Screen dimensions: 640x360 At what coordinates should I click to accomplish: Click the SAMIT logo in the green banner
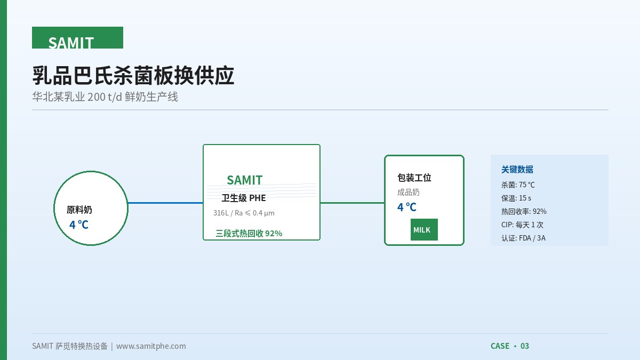click(71, 43)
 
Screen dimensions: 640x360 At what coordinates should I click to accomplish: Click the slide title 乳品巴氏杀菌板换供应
click(133, 75)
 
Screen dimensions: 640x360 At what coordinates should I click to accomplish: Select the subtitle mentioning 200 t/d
click(105, 97)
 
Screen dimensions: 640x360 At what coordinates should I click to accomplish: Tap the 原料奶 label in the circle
click(79, 210)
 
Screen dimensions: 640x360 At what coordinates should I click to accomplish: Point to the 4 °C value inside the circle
click(79, 225)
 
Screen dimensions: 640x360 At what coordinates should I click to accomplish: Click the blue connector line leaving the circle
click(165, 203)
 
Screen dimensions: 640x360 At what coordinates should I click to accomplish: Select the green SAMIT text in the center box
click(245, 180)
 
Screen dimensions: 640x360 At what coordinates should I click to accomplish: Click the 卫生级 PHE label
click(244, 198)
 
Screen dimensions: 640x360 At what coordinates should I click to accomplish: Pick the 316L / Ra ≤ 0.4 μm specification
click(244, 213)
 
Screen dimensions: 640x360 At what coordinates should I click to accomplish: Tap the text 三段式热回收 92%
click(249, 234)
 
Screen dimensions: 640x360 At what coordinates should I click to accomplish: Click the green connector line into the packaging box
click(353, 203)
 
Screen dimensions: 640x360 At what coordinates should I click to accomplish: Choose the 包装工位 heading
click(414, 178)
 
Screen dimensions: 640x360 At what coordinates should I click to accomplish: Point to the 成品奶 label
click(409, 193)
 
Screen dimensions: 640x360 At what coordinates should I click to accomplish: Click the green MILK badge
click(424, 229)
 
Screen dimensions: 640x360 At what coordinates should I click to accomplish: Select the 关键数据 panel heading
click(517, 170)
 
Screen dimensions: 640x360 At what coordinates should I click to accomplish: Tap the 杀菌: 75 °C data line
click(518, 185)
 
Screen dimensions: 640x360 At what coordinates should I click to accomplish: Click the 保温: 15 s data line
click(516, 198)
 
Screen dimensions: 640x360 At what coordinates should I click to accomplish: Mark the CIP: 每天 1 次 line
click(522, 225)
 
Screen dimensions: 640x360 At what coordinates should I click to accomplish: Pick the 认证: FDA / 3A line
click(523, 238)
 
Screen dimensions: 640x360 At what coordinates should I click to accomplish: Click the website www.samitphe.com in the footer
click(151, 346)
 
